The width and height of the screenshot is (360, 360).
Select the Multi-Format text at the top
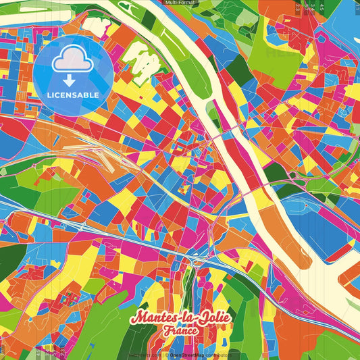pyautogui.click(x=180, y=3)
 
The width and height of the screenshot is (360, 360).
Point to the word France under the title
pyautogui.click(x=179, y=331)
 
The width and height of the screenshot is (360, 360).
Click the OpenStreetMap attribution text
pyautogui.click(x=192, y=355)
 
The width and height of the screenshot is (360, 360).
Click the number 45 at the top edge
pyautogui.click(x=322, y=7)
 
